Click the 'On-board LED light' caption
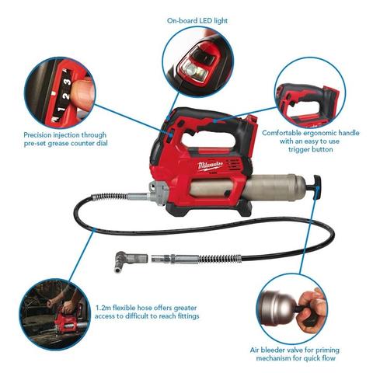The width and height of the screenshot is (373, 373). (197, 21)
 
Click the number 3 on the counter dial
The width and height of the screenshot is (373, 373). (67, 82)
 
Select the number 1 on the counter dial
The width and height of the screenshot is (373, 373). (61, 109)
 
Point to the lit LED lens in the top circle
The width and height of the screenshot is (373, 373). (191, 69)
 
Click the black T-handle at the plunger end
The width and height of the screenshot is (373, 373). (317, 187)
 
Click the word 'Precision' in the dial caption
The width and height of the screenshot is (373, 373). (39, 135)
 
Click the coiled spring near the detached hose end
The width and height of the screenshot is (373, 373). (220, 259)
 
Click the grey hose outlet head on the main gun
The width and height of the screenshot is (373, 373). (157, 193)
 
